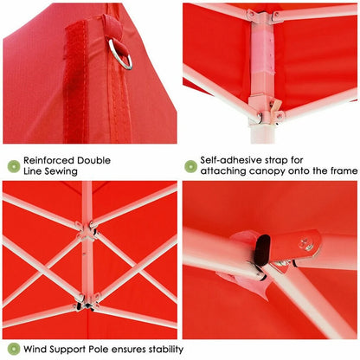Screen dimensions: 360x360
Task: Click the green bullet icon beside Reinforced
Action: point(13,166)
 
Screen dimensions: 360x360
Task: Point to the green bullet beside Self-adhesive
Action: point(190,166)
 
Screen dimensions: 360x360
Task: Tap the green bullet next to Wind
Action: point(13,349)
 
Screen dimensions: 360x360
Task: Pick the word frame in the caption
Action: point(339,171)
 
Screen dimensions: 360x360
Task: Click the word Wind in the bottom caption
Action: point(37,350)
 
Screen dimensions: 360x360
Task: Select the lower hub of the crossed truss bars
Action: point(83,301)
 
